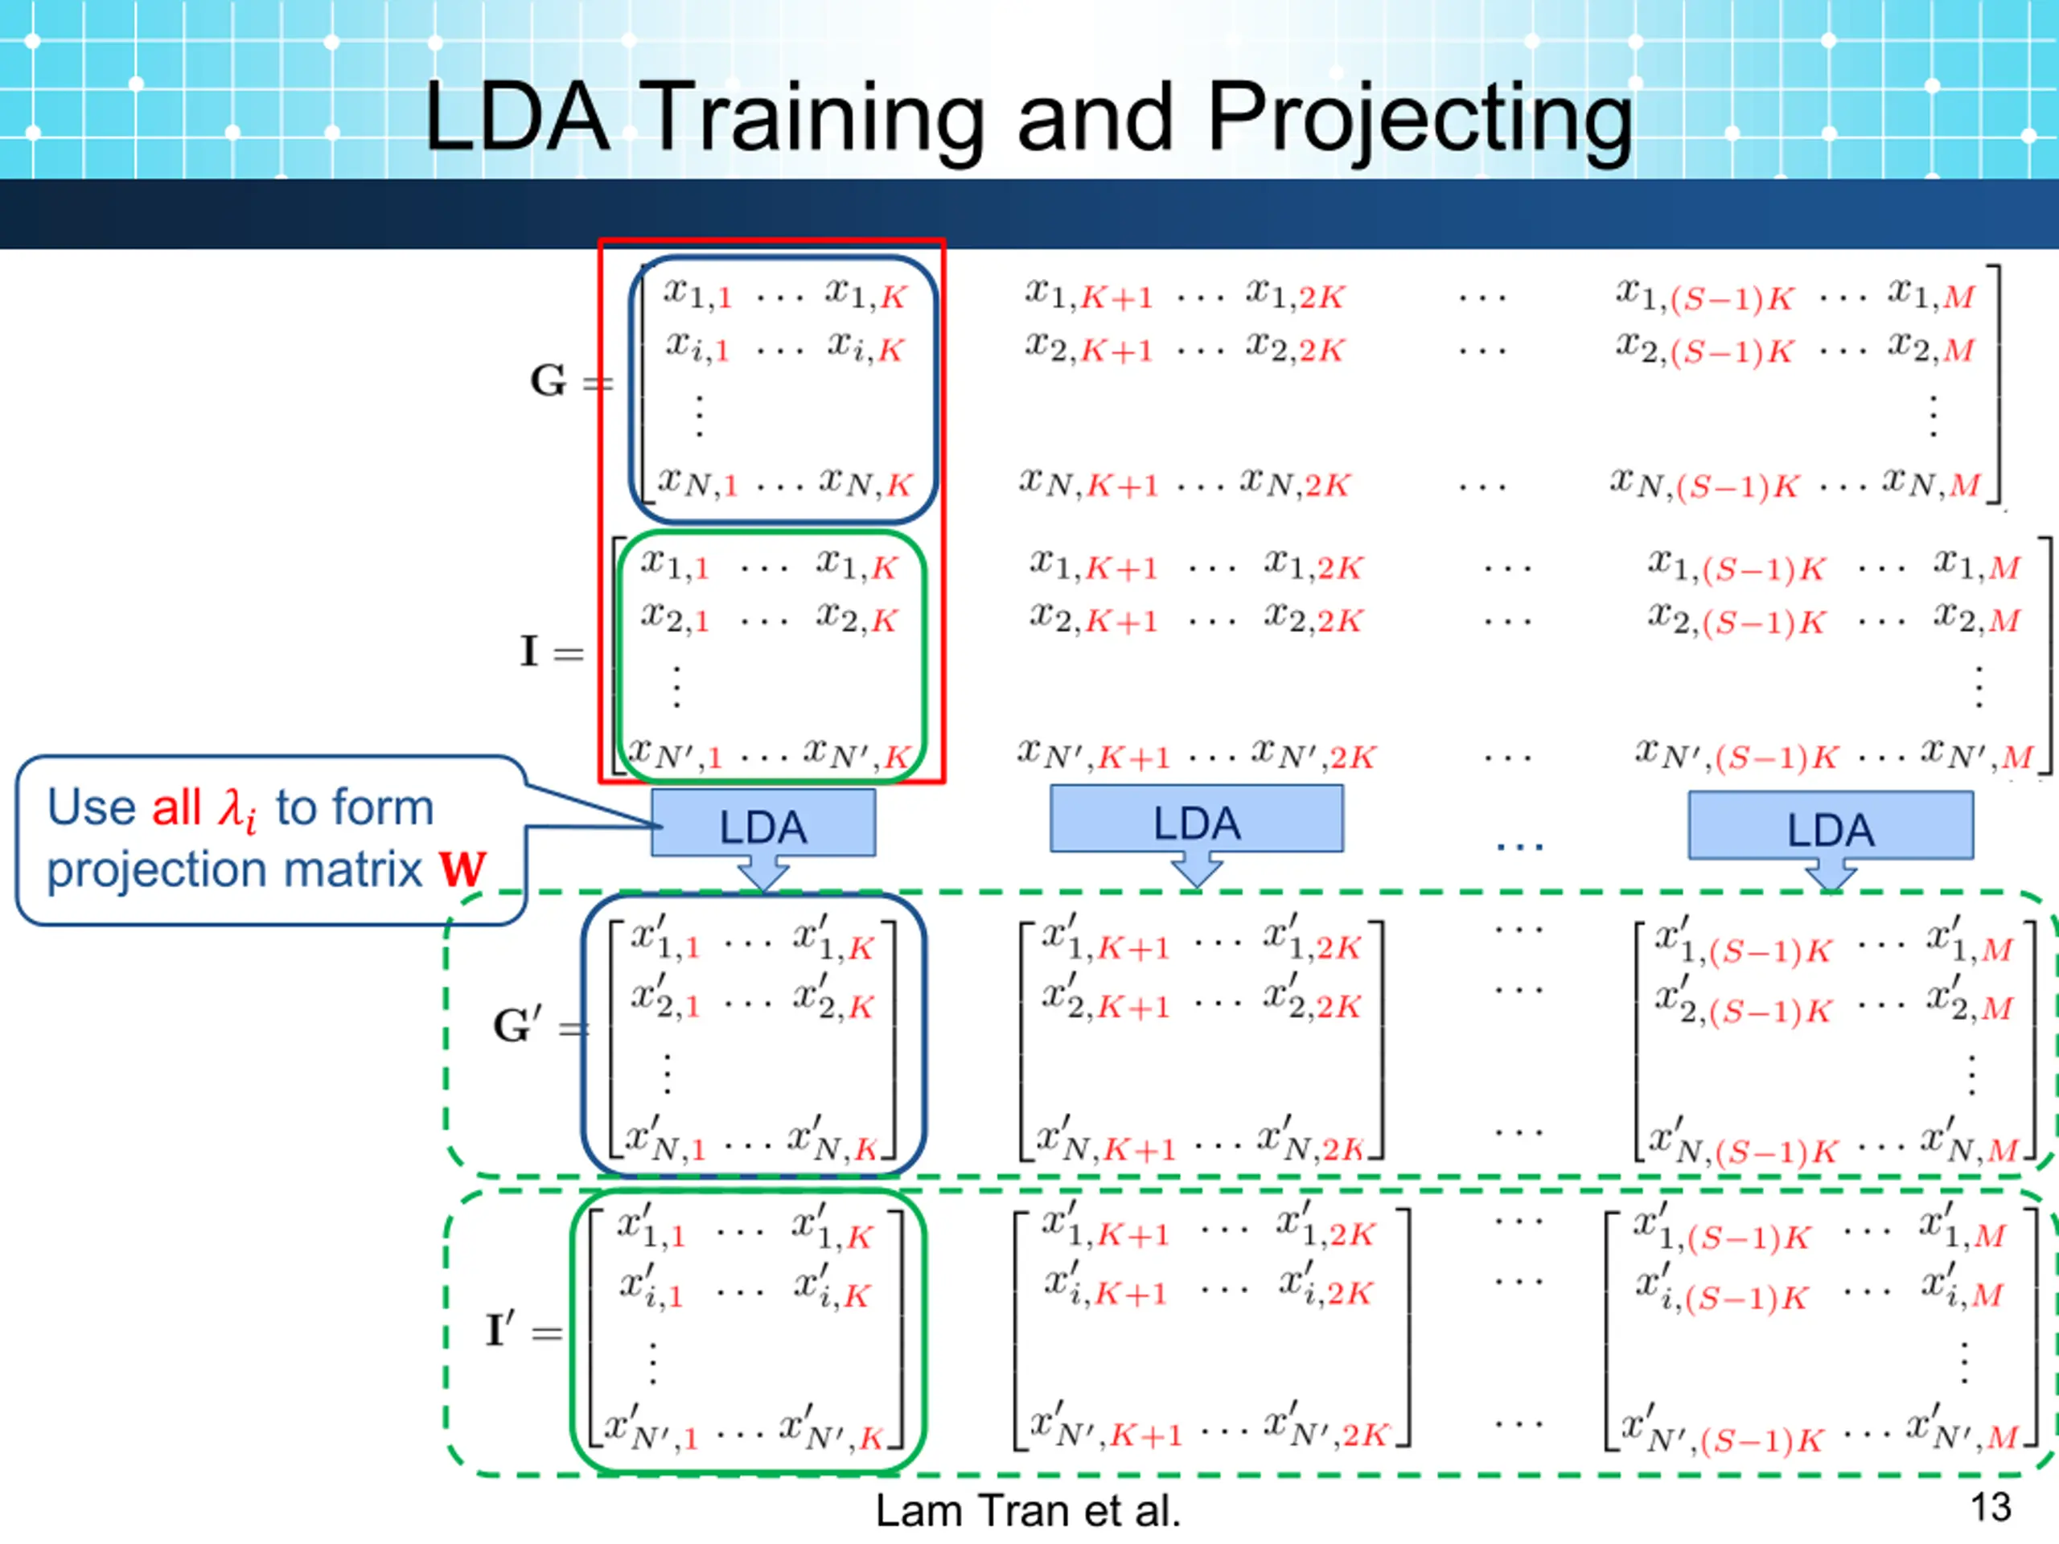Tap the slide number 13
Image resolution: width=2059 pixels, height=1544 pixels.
1990,1507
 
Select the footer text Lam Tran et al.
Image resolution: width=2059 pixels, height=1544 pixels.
1028,1509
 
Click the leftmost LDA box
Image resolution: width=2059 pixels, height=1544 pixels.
762,823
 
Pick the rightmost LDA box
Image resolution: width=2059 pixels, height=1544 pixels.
1830,827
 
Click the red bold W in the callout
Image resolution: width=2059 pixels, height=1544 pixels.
462,869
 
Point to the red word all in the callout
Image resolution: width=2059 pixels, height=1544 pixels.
177,807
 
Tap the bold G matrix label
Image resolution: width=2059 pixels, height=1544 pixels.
549,380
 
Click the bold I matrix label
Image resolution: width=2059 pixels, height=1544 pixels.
528,651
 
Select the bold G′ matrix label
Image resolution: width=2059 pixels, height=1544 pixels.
516,1025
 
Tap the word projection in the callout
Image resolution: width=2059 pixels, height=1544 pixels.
158,870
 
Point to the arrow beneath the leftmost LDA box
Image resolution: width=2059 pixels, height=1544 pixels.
763,875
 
